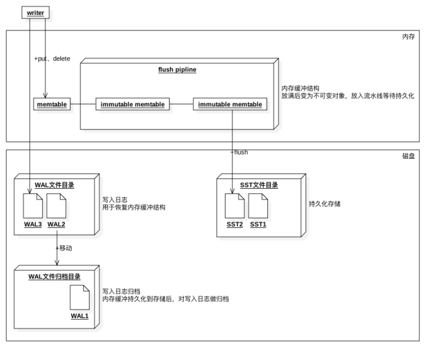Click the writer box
[x=36, y=12]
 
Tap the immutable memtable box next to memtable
[x=133, y=104]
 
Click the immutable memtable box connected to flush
[x=230, y=104]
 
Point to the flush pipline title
[x=178, y=69]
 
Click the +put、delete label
[x=52, y=59]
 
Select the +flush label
[x=239, y=152]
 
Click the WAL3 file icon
[x=32, y=206]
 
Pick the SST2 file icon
[x=234, y=206]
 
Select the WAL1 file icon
[x=79, y=297]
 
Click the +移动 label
[x=64, y=248]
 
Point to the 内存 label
[x=408, y=37]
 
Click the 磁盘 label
[x=408, y=156]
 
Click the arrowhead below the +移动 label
[x=57, y=262]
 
